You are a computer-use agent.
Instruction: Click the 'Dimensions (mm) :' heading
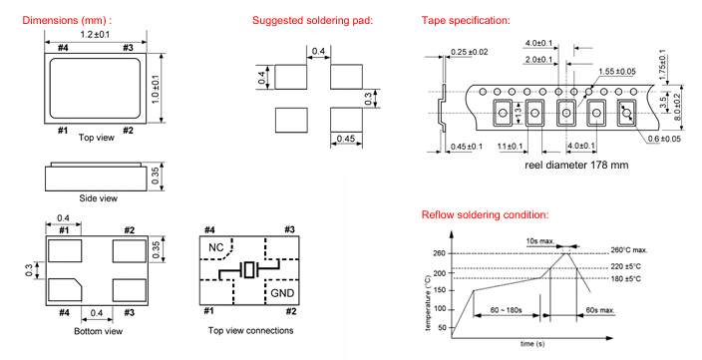(x=67, y=20)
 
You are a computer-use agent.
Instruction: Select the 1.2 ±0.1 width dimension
(x=95, y=35)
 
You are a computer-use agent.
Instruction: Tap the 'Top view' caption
(x=97, y=138)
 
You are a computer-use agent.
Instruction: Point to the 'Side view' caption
(x=98, y=197)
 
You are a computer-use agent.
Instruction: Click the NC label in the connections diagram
(x=215, y=247)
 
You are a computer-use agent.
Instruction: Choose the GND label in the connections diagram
(x=282, y=293)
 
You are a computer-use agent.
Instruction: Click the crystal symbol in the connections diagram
(x=249, y=270)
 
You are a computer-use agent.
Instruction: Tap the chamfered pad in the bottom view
(x=65, y=290)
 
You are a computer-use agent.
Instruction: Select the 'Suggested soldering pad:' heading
(x=312, y=20)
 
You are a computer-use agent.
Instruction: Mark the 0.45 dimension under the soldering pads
(x=346, y=139)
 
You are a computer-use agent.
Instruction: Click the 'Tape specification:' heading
(x=466, y=20)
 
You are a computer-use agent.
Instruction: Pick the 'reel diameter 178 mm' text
(x=576, y=165)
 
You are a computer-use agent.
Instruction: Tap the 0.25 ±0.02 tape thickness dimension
(x=470, y=52)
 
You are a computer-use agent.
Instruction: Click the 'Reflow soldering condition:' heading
(x=485, y=215)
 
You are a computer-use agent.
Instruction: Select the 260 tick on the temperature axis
(x=439, y=253)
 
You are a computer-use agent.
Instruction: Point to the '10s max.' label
(x=539, y=241)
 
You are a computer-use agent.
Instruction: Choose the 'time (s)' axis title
(x=532, y=344)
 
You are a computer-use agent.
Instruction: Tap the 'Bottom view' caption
(x=98, y=331)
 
